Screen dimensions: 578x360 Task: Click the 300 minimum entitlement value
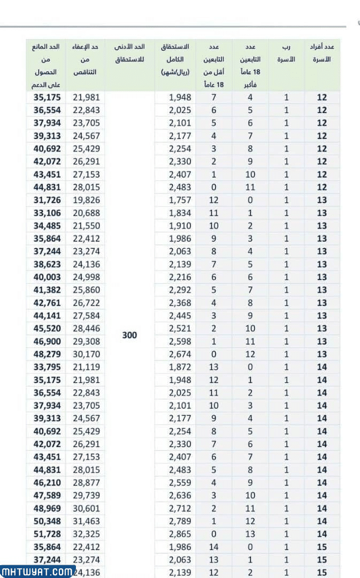[129, 335]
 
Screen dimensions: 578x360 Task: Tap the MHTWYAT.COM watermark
[37, 571]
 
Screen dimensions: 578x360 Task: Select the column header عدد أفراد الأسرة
[322, 53]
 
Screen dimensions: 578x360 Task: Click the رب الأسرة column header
[286, 53]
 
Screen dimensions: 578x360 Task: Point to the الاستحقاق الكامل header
[175, 59]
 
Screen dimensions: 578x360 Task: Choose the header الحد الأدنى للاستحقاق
[129, 53]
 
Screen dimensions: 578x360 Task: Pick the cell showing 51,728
[47, 534]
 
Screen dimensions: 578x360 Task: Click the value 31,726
[47, 200]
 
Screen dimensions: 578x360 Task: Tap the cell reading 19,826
[86, 200]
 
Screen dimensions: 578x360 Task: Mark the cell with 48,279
[47, 354]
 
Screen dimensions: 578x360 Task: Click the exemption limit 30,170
[86, 354]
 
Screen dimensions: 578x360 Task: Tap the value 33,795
[47, 367]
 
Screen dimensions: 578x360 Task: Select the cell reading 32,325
[86, 534]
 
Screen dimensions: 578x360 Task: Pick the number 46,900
[47, 341]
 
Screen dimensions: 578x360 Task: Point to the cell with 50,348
[47, 521]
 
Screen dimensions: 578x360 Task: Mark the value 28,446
[86, 329]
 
